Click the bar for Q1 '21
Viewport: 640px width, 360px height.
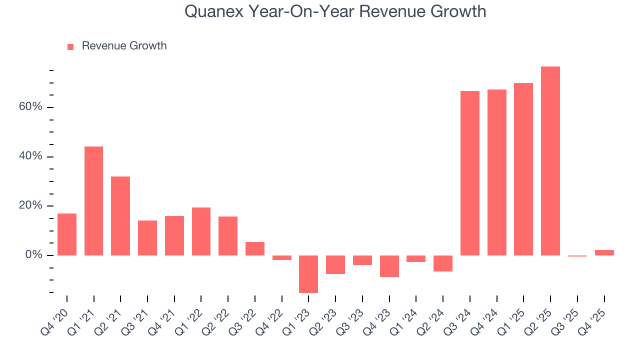click(93, 201)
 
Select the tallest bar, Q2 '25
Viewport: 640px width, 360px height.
click(550, 161)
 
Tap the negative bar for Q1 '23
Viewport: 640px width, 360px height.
click(308, 274)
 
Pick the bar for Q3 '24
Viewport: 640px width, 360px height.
click(470, 173)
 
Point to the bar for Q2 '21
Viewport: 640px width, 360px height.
click(120, 216)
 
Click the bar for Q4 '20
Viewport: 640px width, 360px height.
click(67, 234)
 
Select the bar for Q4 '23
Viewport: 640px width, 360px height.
click(389, 266)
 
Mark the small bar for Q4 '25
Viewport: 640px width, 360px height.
click(604, 252)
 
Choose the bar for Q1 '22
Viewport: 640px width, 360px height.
click(201, 231)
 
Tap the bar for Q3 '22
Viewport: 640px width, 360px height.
click(255, 248)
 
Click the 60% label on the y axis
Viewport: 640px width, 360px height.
click(31, 107)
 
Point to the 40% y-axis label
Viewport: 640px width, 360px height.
click(31, 156)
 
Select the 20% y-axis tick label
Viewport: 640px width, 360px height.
click(31, 206)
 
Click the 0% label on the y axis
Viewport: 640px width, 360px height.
click(34, 255)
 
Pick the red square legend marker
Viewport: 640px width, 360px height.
click(70, 46)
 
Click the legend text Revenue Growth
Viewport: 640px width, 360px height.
click(124, 46)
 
